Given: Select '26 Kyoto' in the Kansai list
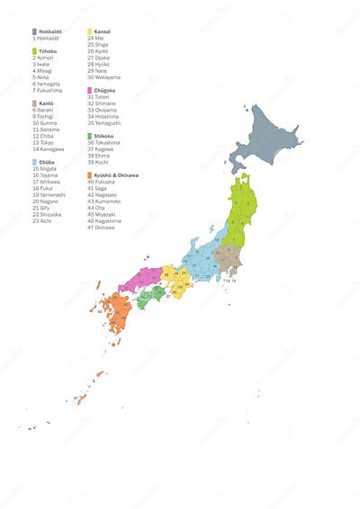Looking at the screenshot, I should (x=98, y=51).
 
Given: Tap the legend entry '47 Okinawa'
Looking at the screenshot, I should (x=102, y=228).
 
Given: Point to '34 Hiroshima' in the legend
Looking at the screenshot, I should (x=103, y=116).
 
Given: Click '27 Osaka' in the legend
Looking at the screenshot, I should (x=98, y=58).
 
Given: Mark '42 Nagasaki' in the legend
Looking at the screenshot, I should (x=103, y=194).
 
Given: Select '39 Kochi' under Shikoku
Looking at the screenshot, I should (x=98, y=162).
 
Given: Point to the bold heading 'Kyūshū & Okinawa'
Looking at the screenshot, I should (x=115, y=174).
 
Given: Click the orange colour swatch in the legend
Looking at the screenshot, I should (x=89, y=174).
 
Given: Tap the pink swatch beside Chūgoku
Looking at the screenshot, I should (x=89, y=90).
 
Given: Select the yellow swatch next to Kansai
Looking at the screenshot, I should (x=89, y=31).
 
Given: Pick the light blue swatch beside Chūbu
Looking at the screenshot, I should (x=34, y=162).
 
